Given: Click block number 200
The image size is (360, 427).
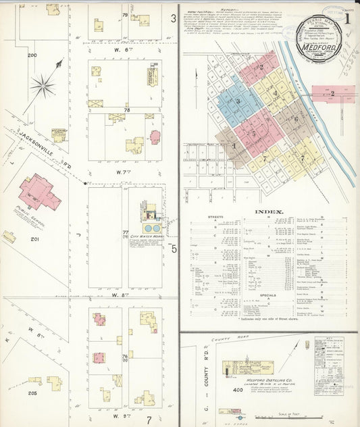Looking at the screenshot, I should tap(32, 74).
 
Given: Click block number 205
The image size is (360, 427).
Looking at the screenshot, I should tap(32, 393).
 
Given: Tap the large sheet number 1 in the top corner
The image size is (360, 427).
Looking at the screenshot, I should tap(348, 18).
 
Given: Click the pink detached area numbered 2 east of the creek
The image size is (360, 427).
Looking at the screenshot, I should tap(332, 93).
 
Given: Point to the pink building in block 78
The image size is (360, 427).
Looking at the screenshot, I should tap(155, 137).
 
